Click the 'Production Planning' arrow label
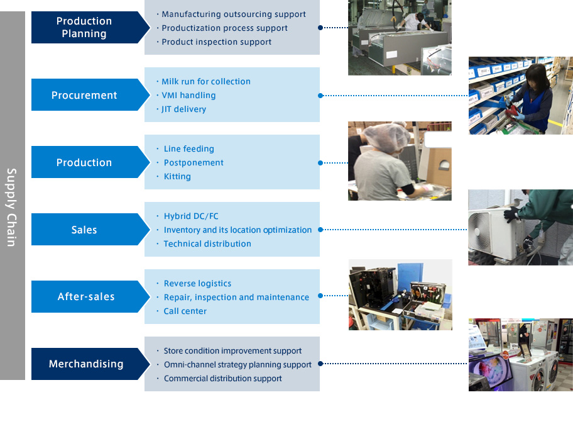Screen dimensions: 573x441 point(84,28)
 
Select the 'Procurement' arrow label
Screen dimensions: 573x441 point(84,95)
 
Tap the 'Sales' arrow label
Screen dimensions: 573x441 point(84,230)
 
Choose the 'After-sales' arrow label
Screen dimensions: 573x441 point(86,296)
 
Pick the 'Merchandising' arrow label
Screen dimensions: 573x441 point(86,364)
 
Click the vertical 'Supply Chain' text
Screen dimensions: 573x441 point(12,207)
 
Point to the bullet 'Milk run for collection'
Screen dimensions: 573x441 point(205,81)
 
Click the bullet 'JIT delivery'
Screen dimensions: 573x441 point(183,109)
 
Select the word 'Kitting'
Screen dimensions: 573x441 point(177,176)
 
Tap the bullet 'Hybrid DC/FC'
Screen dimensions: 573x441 point(191,216)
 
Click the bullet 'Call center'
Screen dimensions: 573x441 point(185,311)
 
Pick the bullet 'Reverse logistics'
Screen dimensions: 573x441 point(197,283)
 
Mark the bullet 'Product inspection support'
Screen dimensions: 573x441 point(216,42)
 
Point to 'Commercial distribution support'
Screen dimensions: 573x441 point(222,379)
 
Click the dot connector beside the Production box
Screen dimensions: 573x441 point(320,163)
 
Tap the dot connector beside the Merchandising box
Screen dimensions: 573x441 point(320,364)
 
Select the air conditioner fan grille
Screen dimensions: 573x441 point(479,233)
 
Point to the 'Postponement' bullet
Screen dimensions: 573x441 point(194,162)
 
